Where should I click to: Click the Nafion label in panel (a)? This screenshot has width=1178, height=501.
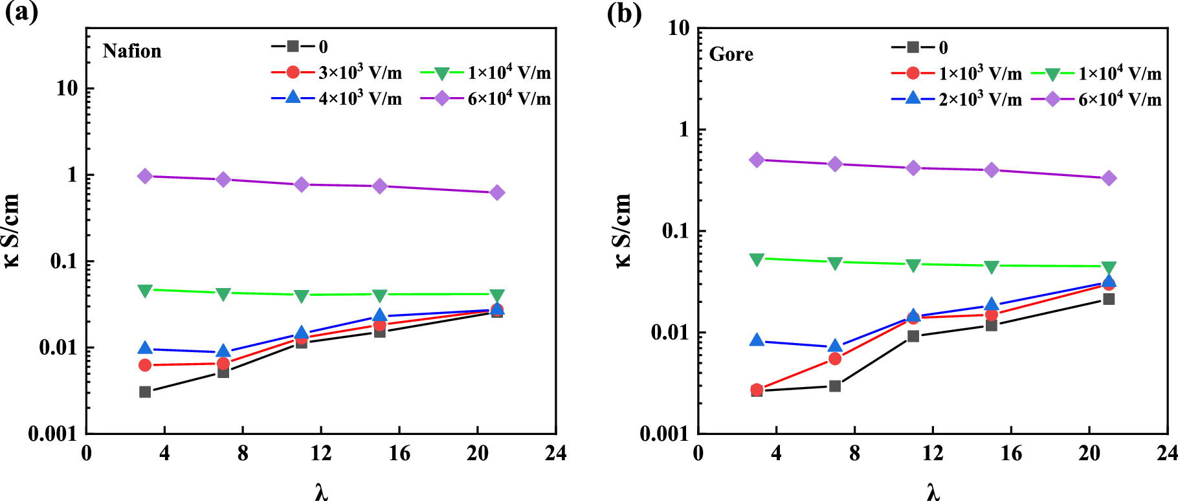tap(131, 51)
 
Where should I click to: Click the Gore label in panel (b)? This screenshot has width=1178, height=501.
tap(731, 54)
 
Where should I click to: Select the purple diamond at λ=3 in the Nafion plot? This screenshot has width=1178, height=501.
tap(145, 176)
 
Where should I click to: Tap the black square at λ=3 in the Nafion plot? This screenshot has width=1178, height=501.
tap(145, 392)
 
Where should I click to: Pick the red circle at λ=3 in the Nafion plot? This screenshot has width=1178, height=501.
tap(145, 365)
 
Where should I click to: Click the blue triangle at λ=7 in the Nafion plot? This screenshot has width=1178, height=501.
tap(223, 351)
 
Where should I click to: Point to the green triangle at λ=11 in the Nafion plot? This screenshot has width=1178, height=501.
tap(302, 296)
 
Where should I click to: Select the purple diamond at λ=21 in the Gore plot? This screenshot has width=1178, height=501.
tap(1109, 178)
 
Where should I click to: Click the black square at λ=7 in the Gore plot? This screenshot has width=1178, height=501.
tap(835, 386)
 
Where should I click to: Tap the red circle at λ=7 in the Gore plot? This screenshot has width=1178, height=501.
tap(835, 359)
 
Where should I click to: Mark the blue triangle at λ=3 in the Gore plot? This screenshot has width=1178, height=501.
tap(757, 340)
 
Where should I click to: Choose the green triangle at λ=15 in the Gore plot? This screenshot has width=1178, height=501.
tap(992, 267)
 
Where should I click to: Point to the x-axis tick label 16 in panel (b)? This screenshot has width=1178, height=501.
tap(1011, 453)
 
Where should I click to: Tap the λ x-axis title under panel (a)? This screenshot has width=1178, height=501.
tap(322, 493)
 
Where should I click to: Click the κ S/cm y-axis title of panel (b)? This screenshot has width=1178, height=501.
tap(622, 230)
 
